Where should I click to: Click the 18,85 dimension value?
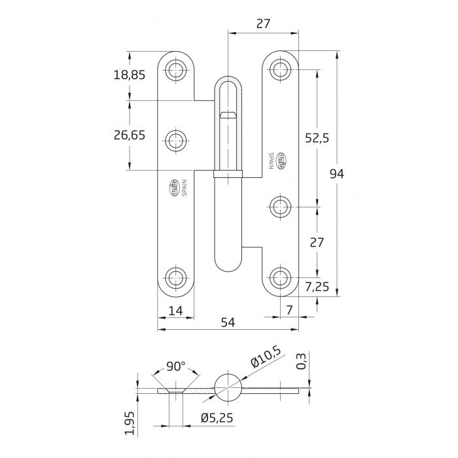point(129,75)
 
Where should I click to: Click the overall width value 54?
point(228,322)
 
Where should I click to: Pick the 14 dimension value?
point(175,312)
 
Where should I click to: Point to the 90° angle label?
point(176,367)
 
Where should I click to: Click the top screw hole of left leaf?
point(175,70)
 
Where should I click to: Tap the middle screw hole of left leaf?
point(175,139)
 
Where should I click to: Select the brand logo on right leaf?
point(282,160)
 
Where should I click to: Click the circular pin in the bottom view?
point(228,385)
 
